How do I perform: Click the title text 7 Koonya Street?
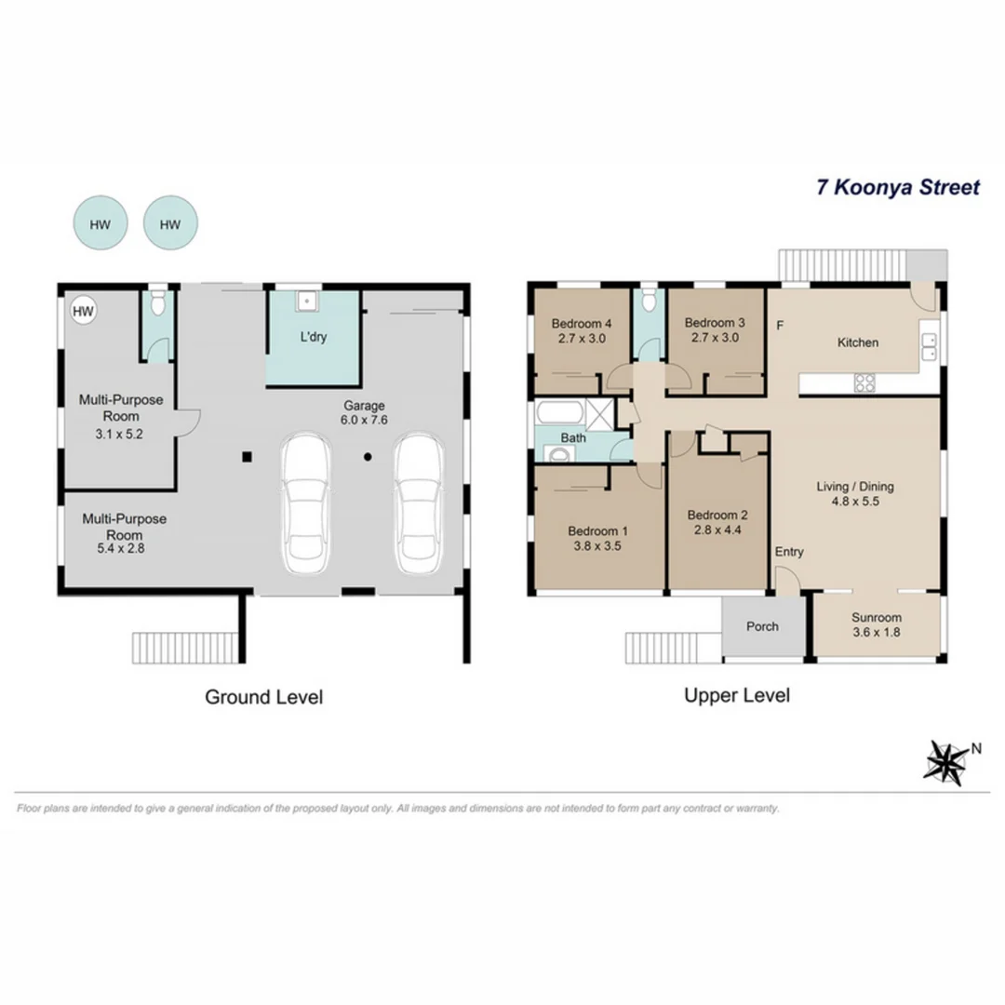[897, 187]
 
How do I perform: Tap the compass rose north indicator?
[946, 762]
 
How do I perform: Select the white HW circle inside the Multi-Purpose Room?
[84, 312]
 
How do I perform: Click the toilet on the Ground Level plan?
[158, 302]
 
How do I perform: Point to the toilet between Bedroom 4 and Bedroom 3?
[648, 302]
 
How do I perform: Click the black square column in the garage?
[247, 456]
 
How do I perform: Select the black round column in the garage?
[368, 456]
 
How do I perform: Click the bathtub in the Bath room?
[559, 412]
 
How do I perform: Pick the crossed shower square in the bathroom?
[602, 412]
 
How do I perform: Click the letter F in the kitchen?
[780, 325]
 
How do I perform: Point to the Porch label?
[762, 626]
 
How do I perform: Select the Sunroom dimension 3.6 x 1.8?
[877, 632]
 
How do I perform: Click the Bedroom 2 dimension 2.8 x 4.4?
[717, 530]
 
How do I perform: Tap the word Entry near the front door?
[789, 552]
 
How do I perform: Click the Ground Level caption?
[263, 697]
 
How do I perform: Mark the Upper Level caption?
[736, 695]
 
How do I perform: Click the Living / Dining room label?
[854, 486]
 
